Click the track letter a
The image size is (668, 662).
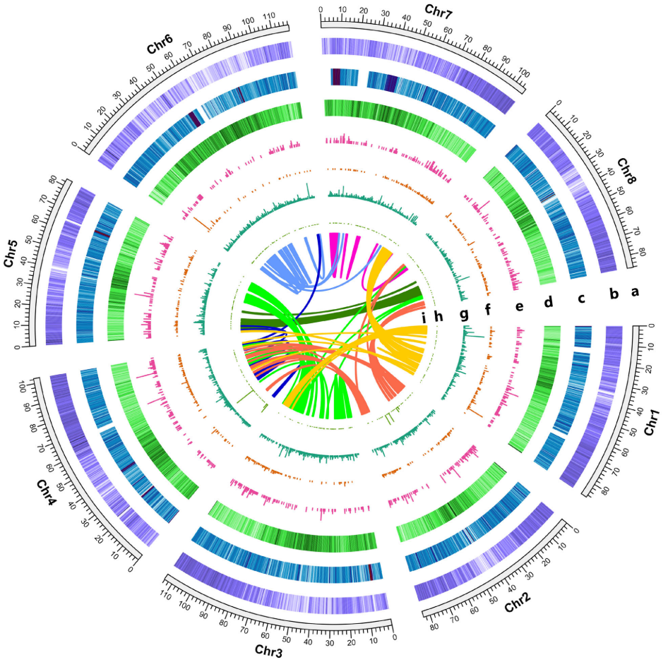[635, 290]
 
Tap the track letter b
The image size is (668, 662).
[614, 294]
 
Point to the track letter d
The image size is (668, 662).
[548, 301]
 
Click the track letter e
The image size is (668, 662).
[520, 306]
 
